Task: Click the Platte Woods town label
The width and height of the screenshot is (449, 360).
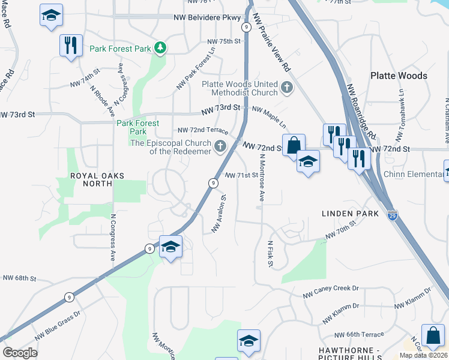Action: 399,76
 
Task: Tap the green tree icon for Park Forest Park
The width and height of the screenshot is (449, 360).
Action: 160,48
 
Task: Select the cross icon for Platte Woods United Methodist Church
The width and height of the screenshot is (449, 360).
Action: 287,88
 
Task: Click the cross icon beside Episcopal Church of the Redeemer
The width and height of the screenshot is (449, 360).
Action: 220,146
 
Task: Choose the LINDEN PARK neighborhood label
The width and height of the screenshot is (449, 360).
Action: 350,214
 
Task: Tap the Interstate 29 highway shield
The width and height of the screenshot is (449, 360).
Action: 391,215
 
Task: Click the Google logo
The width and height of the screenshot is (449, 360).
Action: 20,352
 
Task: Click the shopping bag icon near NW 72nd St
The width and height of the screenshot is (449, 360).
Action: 294,146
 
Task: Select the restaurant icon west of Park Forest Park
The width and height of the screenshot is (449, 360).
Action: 71,46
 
